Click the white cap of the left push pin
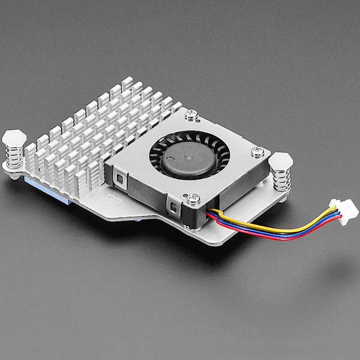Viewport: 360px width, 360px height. point(13,139)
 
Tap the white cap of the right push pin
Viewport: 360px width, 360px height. point(280,161)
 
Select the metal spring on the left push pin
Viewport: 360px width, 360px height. point(14,157)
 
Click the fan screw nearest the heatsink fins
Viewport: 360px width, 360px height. point(191,114)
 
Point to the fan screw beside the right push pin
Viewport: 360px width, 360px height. point(257,152)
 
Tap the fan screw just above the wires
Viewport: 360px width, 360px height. point(193,199)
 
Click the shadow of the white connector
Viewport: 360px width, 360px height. point(336,270)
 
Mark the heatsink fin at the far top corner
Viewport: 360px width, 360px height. point(127,83)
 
